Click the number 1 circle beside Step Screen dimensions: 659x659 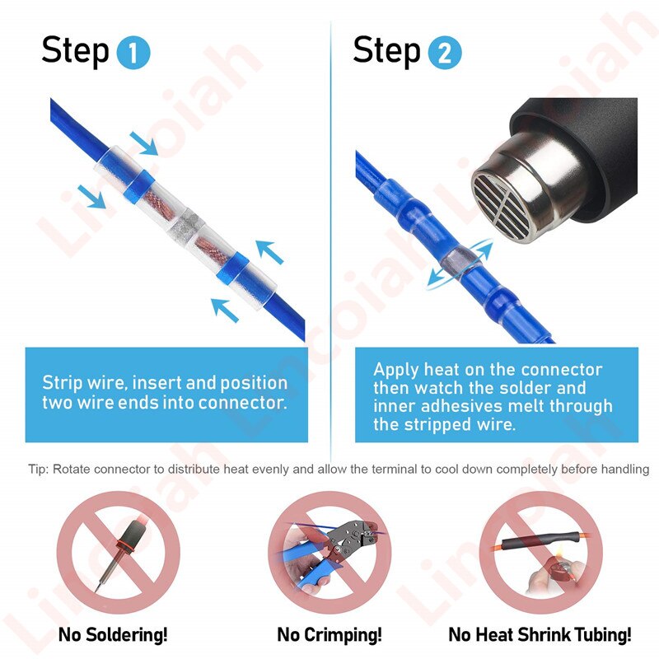pos(133,54)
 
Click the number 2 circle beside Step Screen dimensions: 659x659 pos(445,54)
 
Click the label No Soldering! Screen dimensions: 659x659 pos(113,634)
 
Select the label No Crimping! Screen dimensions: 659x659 pos(329,634)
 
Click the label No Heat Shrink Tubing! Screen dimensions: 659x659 pos(540,634)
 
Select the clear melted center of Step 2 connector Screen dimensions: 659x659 pos(456,261)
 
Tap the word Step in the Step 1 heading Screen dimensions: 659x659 pos(75,51)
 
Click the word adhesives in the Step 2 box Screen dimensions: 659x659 pos(448,406)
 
